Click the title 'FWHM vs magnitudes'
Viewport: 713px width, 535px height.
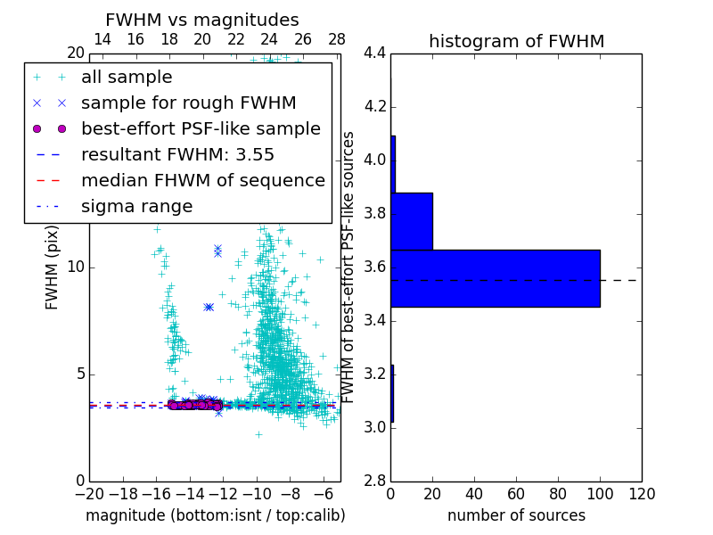pos(202,21)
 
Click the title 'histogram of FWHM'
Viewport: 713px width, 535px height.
pos(516,41)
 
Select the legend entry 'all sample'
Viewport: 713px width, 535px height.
pos(127,78)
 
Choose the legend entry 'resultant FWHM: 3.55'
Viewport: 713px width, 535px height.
pos(177,154)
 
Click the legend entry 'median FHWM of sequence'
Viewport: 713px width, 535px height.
pos(202,180)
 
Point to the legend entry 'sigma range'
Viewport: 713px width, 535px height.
pos(136,206)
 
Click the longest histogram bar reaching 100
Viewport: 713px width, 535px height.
pos(495,278)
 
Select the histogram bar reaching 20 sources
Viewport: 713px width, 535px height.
pos(412,221)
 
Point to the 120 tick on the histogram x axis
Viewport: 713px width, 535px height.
pos(642,494)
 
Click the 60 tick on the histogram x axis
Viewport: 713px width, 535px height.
pos(516,494)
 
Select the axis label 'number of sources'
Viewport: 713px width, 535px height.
pos(516,515)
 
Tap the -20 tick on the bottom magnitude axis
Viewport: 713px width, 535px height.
pos(89,494)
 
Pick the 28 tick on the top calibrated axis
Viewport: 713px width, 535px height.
pos(337,39)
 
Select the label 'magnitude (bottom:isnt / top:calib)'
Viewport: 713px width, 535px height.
pos(215,515)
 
